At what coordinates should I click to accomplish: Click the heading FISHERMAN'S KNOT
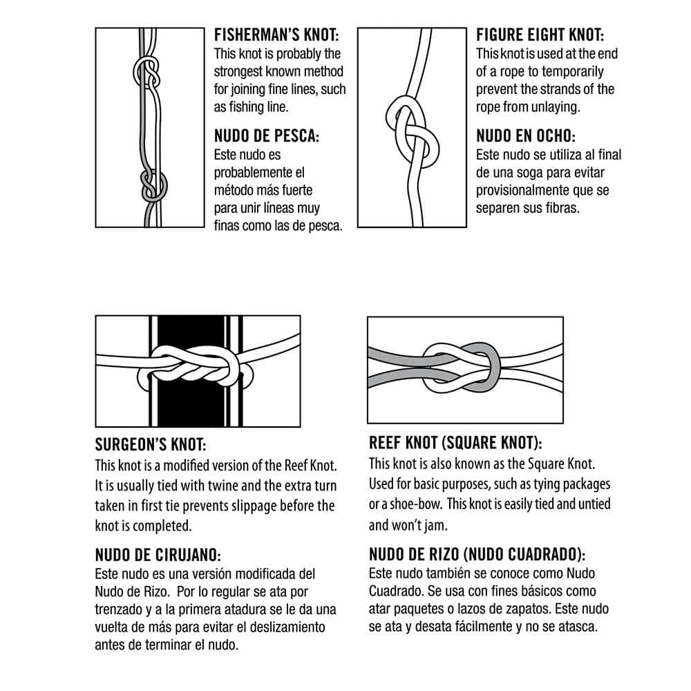pyautogui.click(x=276, y=35)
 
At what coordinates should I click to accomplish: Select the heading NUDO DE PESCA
pyautogui.click(x=267, y=136)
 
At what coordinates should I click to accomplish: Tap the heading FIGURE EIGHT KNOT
pyautogui.click(x=540, y=35)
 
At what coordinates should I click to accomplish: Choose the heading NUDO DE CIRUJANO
pyautogui.click(x=158, y=555)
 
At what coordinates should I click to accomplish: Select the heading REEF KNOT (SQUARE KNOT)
pyautogui.click(x=455, y=443)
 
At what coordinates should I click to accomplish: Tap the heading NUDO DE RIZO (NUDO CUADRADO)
pyautogui.click(x=477, y=554)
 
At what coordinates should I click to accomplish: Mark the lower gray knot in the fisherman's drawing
pyautogui.click(x=153, y=185)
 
